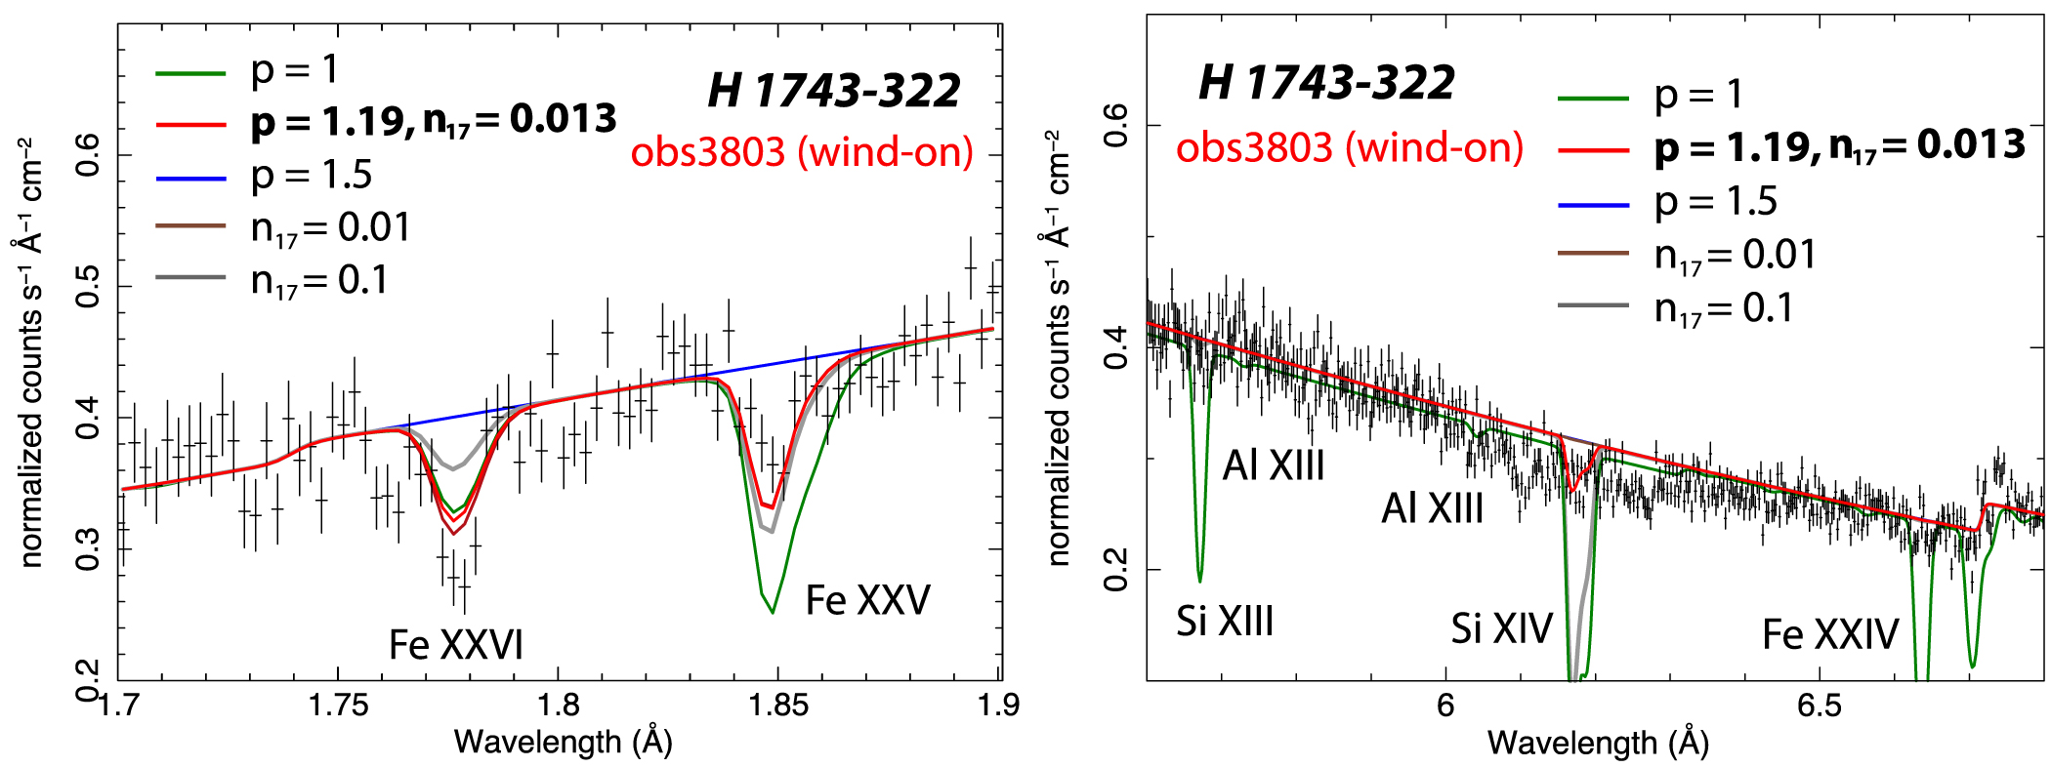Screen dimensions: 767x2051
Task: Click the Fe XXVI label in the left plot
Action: pyautogui.click(x=456, y=645)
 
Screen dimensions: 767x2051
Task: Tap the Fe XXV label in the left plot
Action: pyautogui.click(x=867, y=600)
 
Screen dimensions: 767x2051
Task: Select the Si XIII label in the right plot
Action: pyautogui.click(x=1225, y=622)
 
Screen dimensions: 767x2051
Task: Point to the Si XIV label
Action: pyautogui.click(x=1501, y=628)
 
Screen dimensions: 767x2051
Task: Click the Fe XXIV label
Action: pyautogui.click(x=1830, y=634)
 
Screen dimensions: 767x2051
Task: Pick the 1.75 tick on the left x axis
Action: pyautogui.click(x=338, y=705)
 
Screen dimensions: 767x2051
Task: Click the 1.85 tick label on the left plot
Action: pyautogui.click(x=778, y=705)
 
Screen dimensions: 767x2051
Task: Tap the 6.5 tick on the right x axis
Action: pyautogui.click(x=1819, y=705)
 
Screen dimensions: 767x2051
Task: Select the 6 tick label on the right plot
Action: pyautogui.click(x=1445, y=705)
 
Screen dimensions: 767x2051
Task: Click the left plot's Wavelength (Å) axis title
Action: pyautogui.click(x=564, y=743)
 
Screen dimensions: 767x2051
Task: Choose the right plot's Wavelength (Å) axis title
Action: pyautogui.click(x=1598, y=744)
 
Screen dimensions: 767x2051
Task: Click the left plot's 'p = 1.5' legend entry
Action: pyautogui.click(x=312, y=176)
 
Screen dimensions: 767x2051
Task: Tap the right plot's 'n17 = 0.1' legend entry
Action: pyautogui.click(x=1723, y=308)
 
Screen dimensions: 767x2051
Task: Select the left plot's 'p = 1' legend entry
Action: pyautogui.click(x=294, y=70)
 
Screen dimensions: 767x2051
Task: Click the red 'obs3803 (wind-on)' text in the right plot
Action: pyautogui.click(x=1350, y=147)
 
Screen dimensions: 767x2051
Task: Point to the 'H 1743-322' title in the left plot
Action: pyautogui.click(x=834, y=91)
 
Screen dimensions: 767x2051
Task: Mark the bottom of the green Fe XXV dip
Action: pyautogui.click(x=773, y=612)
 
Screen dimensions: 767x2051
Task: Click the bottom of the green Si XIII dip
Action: pyautogui.click(x=1199, y=581)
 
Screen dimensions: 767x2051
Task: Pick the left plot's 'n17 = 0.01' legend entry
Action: pyautogui.click(x=330, y=228)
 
